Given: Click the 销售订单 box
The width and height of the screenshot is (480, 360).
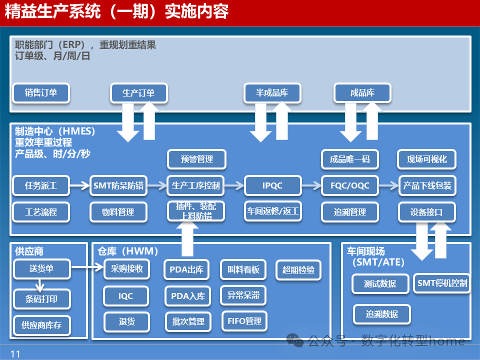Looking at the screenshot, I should [41, 92].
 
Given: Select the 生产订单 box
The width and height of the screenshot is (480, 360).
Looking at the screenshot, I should [138, 92].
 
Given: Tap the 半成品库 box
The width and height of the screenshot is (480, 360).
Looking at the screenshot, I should [272, 92].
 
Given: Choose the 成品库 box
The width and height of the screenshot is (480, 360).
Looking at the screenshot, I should [362, 92].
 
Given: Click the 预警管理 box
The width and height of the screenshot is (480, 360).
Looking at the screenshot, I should [196, 159].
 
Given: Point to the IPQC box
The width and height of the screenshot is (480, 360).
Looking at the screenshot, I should [272, 185].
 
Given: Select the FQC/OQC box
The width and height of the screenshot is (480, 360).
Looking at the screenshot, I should [350, 185].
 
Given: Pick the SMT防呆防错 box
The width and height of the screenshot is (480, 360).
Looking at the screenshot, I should [118, 185].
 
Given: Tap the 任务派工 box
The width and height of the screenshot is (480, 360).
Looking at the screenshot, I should [41, 185].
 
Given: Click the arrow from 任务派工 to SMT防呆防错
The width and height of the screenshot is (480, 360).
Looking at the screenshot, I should [79, 185].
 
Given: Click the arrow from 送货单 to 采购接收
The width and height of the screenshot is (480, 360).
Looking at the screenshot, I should [87, 268].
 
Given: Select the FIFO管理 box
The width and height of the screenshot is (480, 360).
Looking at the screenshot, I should [244, 321].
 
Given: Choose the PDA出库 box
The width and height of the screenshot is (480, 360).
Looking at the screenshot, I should [186, 270].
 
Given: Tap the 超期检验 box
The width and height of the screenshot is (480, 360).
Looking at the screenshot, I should [298, 270].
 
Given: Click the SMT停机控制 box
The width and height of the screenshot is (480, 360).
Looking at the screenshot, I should [442, 283].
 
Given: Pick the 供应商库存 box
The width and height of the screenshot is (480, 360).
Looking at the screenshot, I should [41, 325].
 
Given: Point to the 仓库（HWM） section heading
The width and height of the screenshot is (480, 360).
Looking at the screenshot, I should [128, 251].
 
